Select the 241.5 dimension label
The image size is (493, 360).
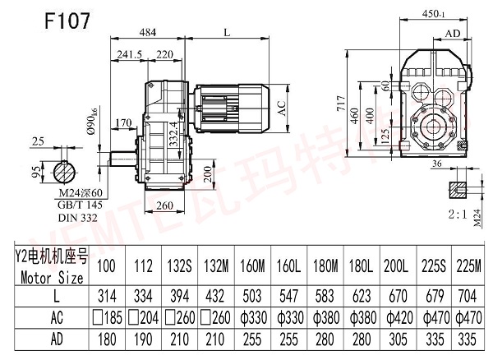131,54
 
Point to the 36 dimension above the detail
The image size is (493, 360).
435,163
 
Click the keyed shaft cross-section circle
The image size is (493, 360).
62,174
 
